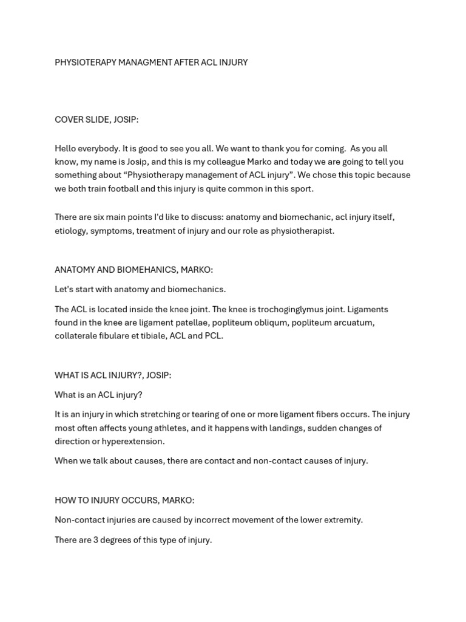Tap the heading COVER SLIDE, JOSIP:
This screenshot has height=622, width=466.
(96, 120)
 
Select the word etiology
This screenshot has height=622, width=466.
(71, 231)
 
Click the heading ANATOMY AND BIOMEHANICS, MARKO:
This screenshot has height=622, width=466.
(133, 270)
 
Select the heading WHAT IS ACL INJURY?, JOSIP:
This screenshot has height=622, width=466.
(113, 375)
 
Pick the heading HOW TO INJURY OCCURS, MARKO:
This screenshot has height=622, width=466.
(124, 501)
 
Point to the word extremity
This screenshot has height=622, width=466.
(343, 520)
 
